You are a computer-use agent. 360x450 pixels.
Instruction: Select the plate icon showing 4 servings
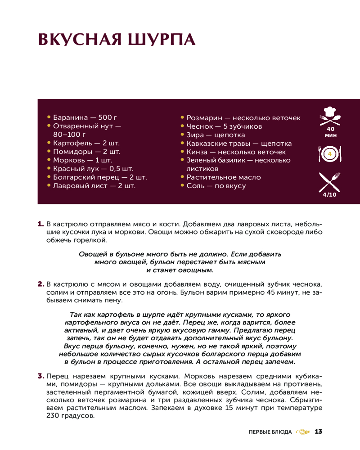pos(330,154)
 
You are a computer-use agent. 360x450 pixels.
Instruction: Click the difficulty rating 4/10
pos(330,195)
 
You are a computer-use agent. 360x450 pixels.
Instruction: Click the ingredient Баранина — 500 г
pos(85,118)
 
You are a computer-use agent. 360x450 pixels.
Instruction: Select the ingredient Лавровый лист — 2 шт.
pos(94,185)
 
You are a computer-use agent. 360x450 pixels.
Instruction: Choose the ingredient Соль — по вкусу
pos(216,186)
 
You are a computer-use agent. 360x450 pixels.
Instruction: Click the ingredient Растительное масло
pos(224,177)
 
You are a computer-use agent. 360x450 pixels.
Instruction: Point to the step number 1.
pos(40,224)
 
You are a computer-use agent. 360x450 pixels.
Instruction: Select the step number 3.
pos(40,376)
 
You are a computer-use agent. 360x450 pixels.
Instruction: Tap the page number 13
pos(319,432)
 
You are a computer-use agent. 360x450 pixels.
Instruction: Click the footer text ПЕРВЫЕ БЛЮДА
pos(270,432)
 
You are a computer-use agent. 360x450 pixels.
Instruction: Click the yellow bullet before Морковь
pos(49,160)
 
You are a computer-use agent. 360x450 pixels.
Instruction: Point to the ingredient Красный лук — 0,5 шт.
pos(93,169)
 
